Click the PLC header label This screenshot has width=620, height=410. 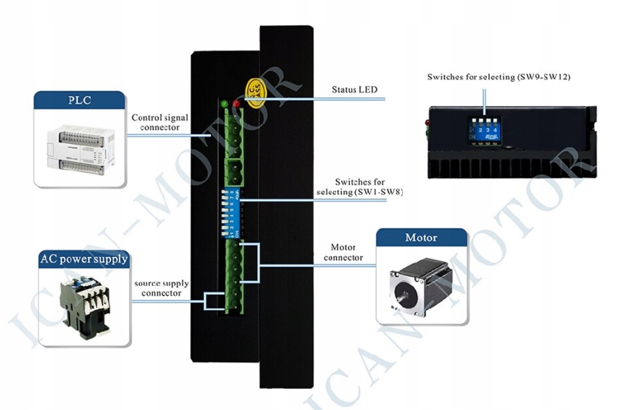click(79, 100)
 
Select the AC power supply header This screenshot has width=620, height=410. click(83, 259)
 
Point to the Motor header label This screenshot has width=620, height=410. click(421, 237)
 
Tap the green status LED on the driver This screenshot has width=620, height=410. click(224, 104)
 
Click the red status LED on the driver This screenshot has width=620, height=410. click(237, 104)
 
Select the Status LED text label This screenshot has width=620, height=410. click(354, 90)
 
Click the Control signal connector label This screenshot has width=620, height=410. click(159, 122)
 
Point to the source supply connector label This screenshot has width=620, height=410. click(161, 288)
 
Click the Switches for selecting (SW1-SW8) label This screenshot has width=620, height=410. click(360, 187)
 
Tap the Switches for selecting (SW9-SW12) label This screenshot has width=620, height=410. click(499, 77)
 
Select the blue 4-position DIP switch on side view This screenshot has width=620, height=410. click(483, 131)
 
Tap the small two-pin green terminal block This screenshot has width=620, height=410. click(234, 169)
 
